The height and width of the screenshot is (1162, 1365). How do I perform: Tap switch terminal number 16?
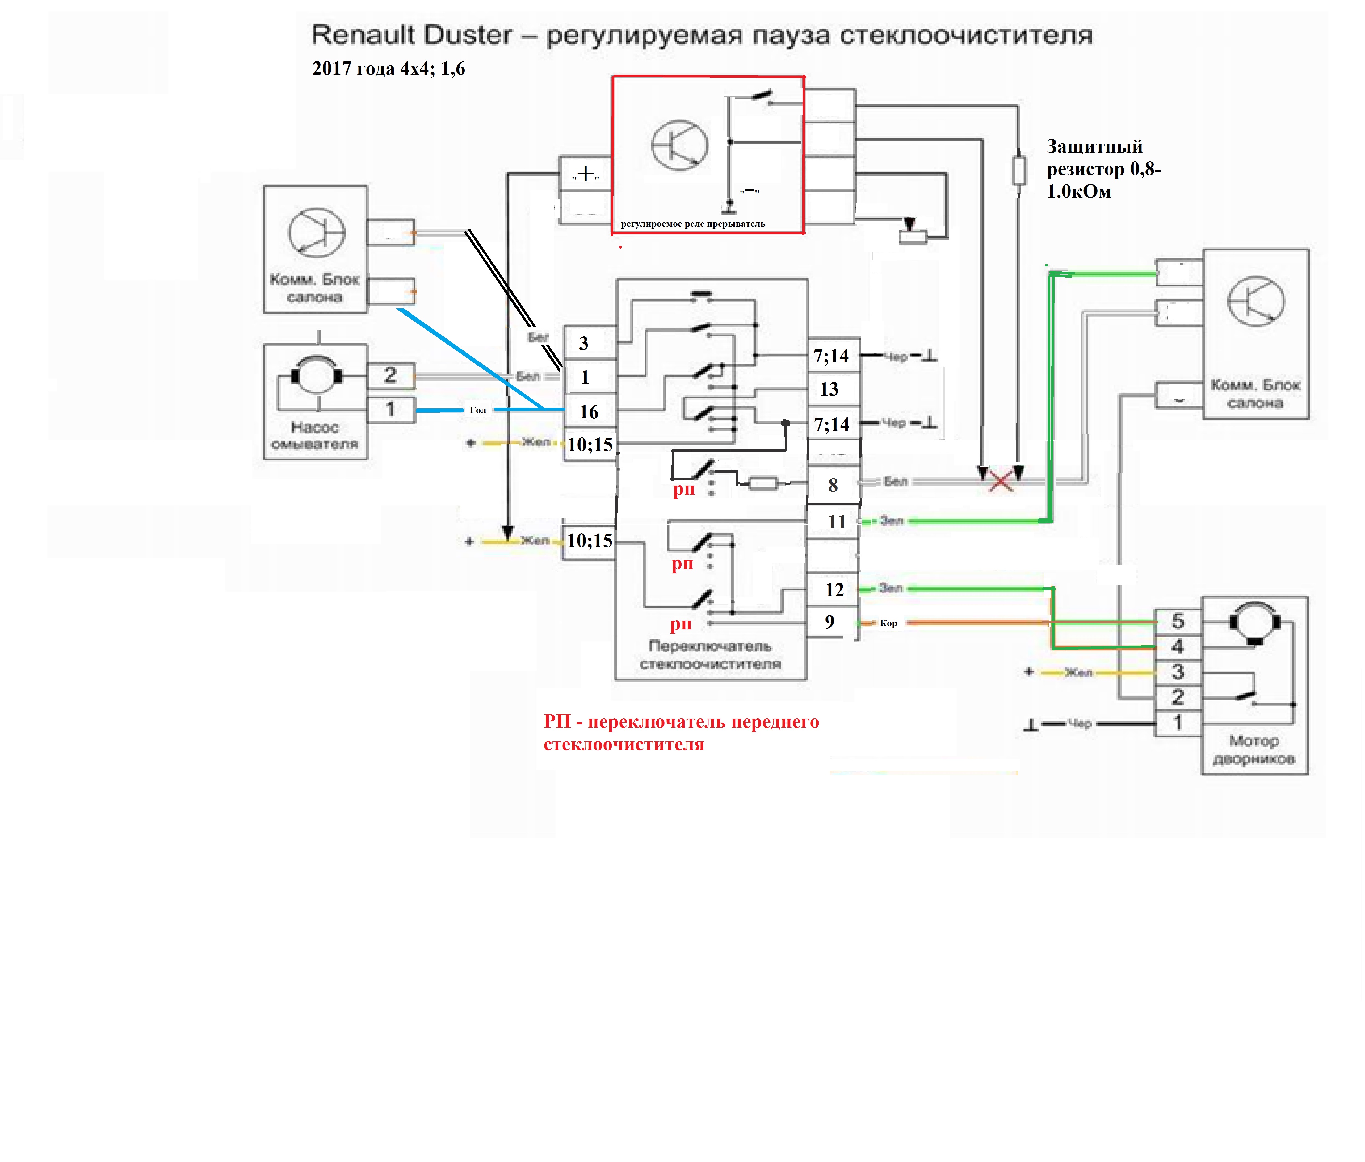click(x=589, y=412)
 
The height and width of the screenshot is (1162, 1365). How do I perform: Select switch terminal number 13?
click(x=829, y=389)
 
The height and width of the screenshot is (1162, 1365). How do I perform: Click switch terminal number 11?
click(x=837, y=522)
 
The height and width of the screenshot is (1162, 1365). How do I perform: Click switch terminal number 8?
click(x=833, y=486)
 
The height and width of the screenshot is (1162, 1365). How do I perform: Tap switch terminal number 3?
click(x=584, y=343)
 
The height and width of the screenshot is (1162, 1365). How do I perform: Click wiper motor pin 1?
click(x=1178, y=723)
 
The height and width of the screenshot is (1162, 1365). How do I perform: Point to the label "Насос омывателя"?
click(x=315, y=435)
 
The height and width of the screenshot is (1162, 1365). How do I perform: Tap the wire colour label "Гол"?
click(x=478, y=410)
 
